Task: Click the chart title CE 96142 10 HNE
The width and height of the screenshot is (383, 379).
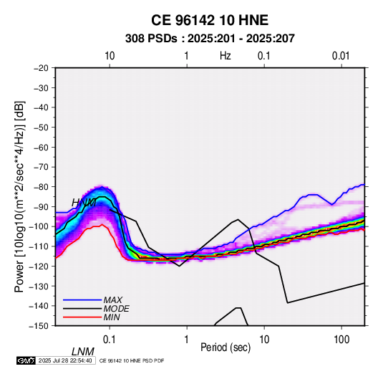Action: tap(210, 20)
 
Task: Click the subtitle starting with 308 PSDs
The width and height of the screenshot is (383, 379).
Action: tap(210, 39)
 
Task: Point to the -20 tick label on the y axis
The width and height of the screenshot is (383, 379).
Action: tap(41, 68)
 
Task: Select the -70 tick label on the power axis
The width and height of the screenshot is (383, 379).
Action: tap(41, 167)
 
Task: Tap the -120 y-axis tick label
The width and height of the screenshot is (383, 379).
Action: tap(39, 267)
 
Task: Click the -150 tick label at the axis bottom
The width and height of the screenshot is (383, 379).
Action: tap(39, 326)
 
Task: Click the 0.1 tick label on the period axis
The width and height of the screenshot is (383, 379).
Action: tap(110, 340)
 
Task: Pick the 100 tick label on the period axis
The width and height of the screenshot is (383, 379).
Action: tap(341, 340)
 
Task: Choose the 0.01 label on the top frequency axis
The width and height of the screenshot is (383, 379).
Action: tap(341, 56)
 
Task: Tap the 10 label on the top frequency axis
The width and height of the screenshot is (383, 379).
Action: tap(110, 56)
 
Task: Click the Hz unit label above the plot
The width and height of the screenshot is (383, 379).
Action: tap(226, 56)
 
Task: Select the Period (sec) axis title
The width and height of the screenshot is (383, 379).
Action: tap(226, 347)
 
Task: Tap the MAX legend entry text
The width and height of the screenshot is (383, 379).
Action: tap(113, 300)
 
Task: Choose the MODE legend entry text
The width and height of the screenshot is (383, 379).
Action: tap(116, 309)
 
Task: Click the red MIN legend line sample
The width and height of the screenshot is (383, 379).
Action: tap(82, 317)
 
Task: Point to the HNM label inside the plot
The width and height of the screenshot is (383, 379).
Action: tap(84, 203)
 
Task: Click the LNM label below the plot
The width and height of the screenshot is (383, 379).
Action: tap(83, 352)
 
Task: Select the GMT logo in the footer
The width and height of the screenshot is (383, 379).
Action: tap(26, 360)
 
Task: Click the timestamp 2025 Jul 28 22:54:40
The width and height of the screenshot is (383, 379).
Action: tap(65, 360)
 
